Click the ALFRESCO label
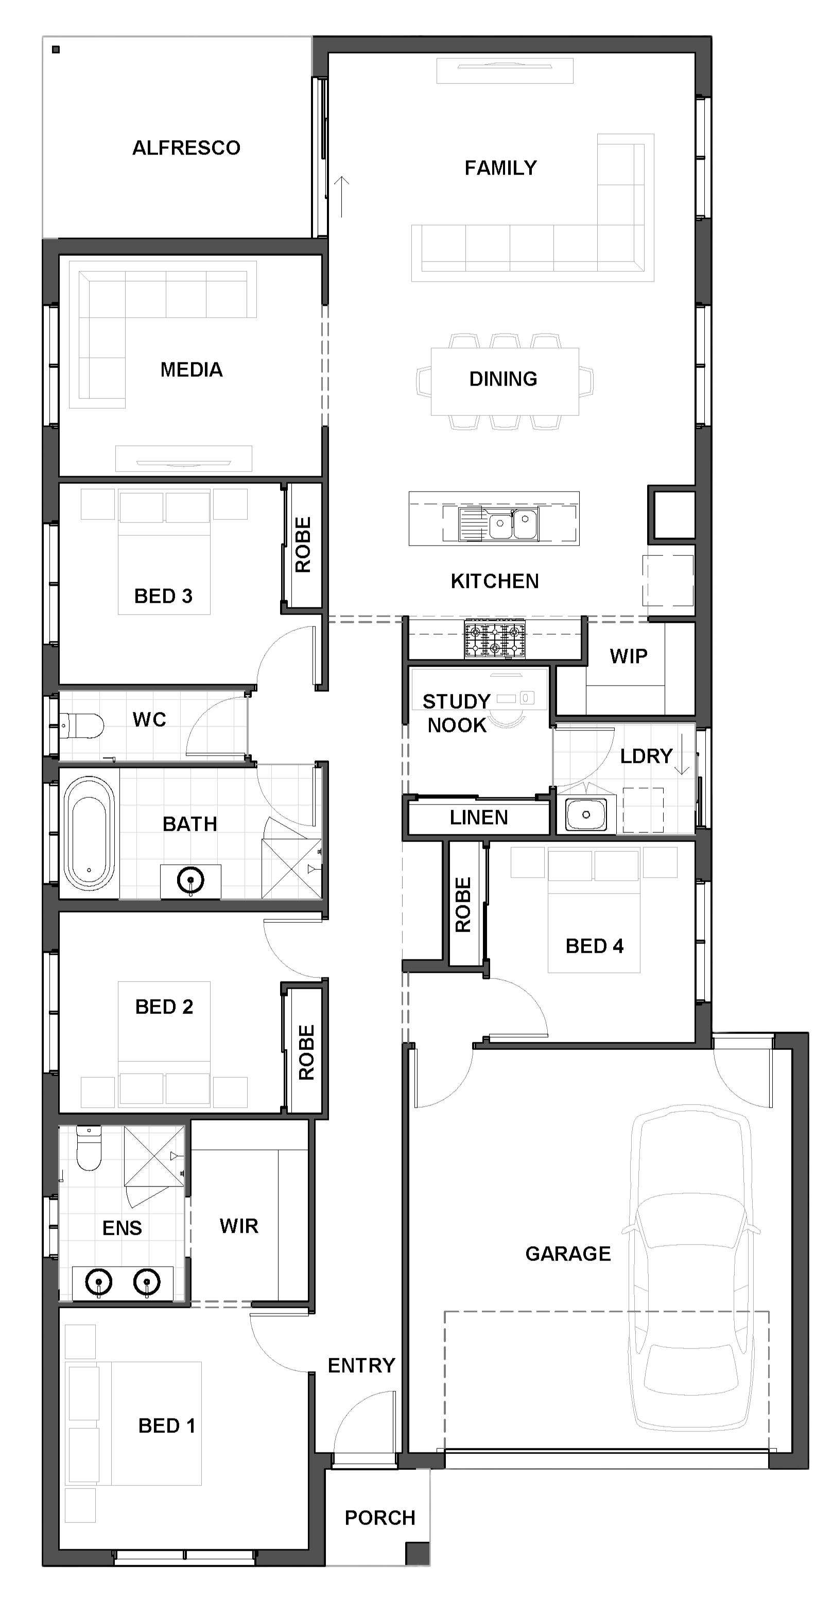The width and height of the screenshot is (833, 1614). tap(186, 148)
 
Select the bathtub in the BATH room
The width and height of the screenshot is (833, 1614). tap(89, 833)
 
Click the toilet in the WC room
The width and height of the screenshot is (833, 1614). tap(81, 726)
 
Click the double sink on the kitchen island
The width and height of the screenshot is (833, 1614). tap(513, 524)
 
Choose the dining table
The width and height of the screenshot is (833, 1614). tap(505, 381)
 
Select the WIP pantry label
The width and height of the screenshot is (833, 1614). tap(629, 656)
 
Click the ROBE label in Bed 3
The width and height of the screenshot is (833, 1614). tap(303, 545)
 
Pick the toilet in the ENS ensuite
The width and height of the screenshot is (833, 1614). tap(89, 1148)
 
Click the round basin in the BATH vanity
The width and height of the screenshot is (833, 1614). tap(190, 880)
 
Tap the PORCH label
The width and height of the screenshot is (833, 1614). tap(380, 1518)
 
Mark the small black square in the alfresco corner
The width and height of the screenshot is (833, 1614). tap(56, 49)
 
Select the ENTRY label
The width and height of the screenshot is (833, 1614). tap(361, 1365)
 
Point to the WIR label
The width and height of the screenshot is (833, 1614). tap(239, 1226)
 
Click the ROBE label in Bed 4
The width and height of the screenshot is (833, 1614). tap(462, 905)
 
